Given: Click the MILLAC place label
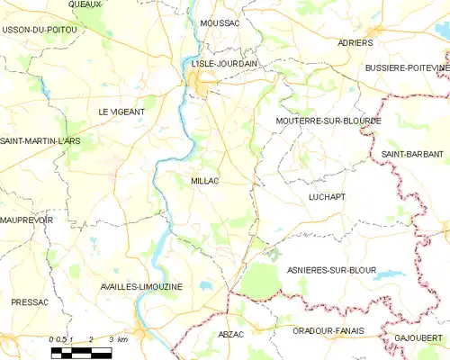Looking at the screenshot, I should [207, 181].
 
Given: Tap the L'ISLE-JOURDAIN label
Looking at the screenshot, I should [224, 64].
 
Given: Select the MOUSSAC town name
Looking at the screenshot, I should [220, 22].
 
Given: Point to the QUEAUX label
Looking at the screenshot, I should [86, 4].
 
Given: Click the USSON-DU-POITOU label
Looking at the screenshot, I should [40, 30].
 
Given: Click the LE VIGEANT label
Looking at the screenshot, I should [121, 111].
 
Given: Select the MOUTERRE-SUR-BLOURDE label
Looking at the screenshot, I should [328, 120].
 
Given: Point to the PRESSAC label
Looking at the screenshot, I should [30, 302].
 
